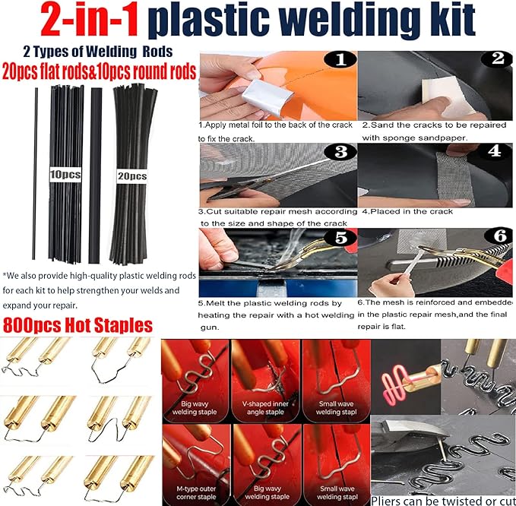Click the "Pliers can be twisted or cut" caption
(x=442, y=499)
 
